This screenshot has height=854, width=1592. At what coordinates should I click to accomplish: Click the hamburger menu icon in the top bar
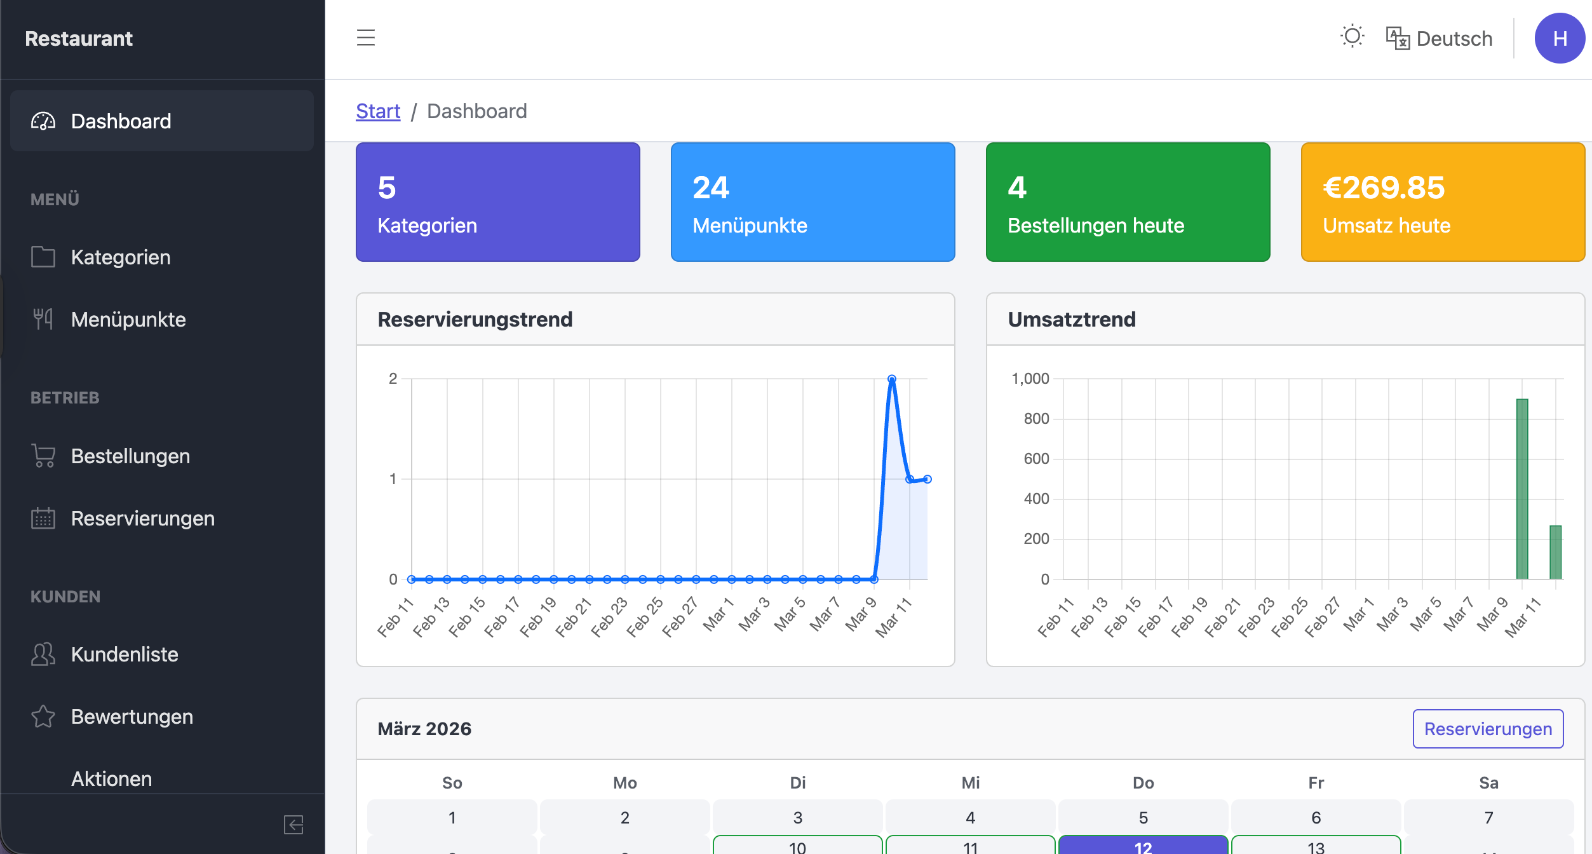tap(365, 38)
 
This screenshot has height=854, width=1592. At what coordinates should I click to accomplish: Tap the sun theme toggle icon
tap(1352, 36)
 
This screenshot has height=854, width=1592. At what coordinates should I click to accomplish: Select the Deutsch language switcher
tap(1440, 39)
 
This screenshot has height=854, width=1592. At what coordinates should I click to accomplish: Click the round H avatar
tap(1559, 39)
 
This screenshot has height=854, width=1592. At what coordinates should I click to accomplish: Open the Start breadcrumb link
tap(378, 111)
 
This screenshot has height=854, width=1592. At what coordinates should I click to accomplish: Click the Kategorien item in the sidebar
tap(121, 257)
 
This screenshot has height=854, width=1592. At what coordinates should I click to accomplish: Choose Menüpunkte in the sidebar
tap(128, 320)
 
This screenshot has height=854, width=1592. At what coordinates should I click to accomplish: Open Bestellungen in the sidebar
tap(130, 456)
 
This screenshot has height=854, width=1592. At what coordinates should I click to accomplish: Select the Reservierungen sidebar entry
tap(142, 518)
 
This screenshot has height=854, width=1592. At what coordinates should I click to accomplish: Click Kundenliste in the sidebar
tap(125, 654)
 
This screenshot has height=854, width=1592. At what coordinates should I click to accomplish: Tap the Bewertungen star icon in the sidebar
tap(43, 717)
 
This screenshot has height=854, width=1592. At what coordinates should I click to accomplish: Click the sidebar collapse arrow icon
tap(293, 825)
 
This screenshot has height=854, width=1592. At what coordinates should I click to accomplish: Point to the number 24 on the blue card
tap(711, 188)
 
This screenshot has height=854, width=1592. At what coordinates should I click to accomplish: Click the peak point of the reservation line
tap(892, 379)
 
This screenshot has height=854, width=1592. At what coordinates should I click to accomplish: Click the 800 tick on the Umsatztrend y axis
tap(1036, 419)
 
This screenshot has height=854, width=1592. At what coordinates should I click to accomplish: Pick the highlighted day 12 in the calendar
tap(1143, 846)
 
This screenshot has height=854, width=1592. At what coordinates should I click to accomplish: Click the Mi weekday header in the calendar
tap(970, 783)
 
